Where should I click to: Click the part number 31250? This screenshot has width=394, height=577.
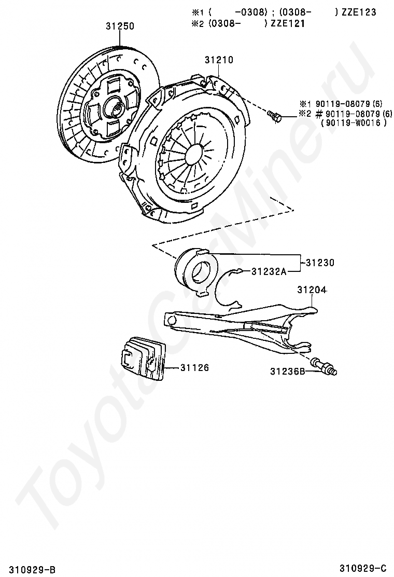pyautogui.click(x=120, y=25)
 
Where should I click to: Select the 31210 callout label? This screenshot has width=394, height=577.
pyautogui.click(x=219, y=60)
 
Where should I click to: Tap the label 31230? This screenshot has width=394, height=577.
pyautogui.click(x=320, y=263)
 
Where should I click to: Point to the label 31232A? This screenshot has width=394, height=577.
pyautogui.click(x=269, y=271)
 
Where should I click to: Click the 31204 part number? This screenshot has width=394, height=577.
pyautogui.click(x=312, y=290)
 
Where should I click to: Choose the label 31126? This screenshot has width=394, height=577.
pyautogui.click(x=194, y=367)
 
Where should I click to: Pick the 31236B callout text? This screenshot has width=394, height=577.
pyautogui.click(x=287, y=371)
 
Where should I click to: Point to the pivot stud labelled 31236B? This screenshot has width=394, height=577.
pyautogui.click(x=325, y=366)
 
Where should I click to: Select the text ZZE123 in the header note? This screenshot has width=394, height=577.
pyautogui.click(x=358, y=12)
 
